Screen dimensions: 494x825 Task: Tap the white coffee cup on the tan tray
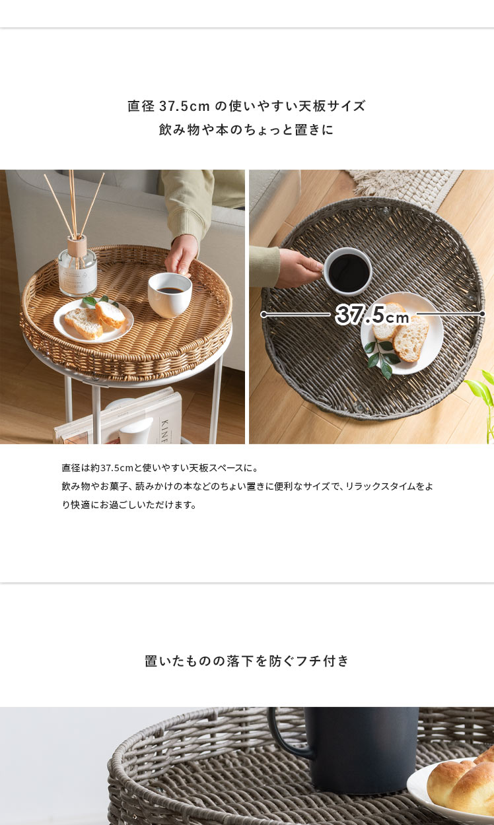(170, 294)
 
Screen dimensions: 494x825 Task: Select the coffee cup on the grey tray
(347, 271)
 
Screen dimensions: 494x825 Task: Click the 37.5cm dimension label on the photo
(372, 315)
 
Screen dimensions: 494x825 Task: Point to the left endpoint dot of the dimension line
(264, 315)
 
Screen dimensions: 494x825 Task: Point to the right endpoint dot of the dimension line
(482, 313)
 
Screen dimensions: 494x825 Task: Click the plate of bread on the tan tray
(94, 319)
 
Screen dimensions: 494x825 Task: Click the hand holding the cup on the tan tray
(182, 254)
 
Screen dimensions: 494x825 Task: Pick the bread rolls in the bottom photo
(463, 776)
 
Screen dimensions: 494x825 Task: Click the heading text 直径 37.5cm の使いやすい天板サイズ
(246, 106)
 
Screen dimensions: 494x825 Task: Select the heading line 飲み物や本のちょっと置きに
(246, 129)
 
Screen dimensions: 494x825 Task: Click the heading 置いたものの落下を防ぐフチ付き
(246, 661)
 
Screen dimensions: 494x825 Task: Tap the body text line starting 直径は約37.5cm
(160, 468)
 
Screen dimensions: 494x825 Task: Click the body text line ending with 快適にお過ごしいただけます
(129, 505)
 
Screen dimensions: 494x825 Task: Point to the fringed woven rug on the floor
(406, 186)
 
